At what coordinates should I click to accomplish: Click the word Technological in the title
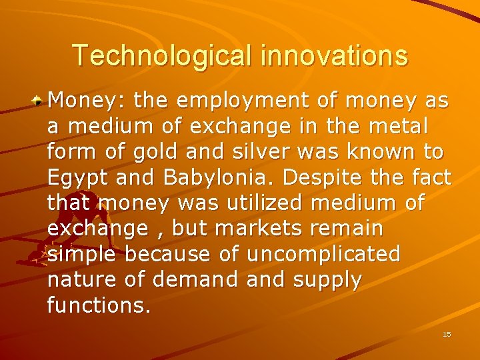coord(163,55)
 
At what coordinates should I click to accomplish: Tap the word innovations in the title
coord(334,55)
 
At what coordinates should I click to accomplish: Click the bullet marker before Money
coord(40,101)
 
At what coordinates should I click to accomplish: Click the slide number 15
coord(447,334)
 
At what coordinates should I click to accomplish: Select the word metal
coord(397,127)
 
